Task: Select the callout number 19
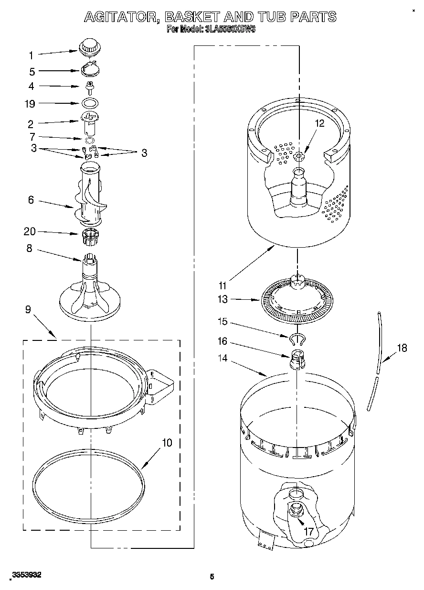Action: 30,104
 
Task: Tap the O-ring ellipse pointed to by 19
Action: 90,103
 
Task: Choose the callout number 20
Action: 30,232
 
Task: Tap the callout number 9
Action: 28,309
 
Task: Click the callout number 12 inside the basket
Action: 319,123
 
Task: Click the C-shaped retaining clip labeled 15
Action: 297,340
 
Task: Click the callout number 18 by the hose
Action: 402,348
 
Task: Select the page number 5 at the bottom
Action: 212,577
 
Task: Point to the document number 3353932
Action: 27,575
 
